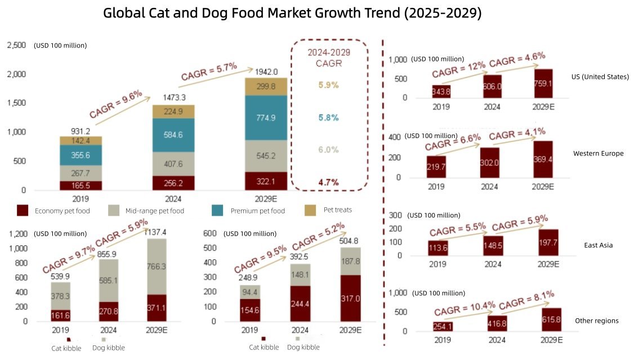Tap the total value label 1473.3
pos(166,97)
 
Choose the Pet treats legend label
pos(338,210)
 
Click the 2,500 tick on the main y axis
pos(16,45)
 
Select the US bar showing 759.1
pos(543,83)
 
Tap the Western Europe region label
pos(598,153)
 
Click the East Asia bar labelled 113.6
pos(438,248)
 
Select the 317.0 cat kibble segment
pos(350,298)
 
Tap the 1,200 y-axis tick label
pos(19,234)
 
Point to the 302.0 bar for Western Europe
pos(490,163)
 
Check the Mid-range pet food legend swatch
pos(115,210)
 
